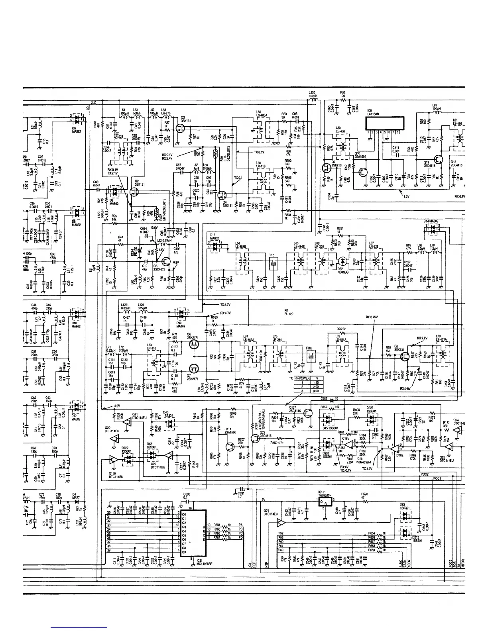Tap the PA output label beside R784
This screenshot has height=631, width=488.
pos(240,525)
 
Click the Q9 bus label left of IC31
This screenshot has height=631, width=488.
pos(108,550)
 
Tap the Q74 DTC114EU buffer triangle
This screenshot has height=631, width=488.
pos(281,522)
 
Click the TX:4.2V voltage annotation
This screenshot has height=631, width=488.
pos(367,469)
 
